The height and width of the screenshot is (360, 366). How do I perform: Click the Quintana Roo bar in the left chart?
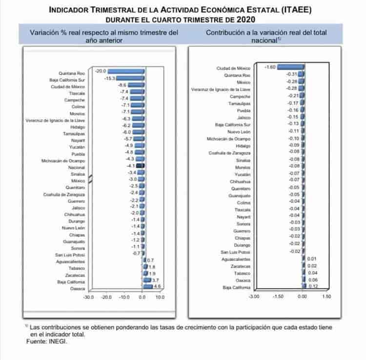coord(125,72)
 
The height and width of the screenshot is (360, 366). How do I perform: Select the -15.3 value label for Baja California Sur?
coord(109,79)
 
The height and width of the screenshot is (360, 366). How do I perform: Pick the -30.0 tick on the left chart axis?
coord(88,296)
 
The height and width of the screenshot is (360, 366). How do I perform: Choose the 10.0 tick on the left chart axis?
coord(160,296)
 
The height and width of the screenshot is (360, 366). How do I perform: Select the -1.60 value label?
coord(270,67)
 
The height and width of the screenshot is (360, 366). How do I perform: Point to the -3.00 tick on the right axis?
coord(254,296)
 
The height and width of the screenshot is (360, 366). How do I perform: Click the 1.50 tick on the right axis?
coord(326,296)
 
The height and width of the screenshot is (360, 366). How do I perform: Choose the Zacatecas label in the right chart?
coord(241,266)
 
